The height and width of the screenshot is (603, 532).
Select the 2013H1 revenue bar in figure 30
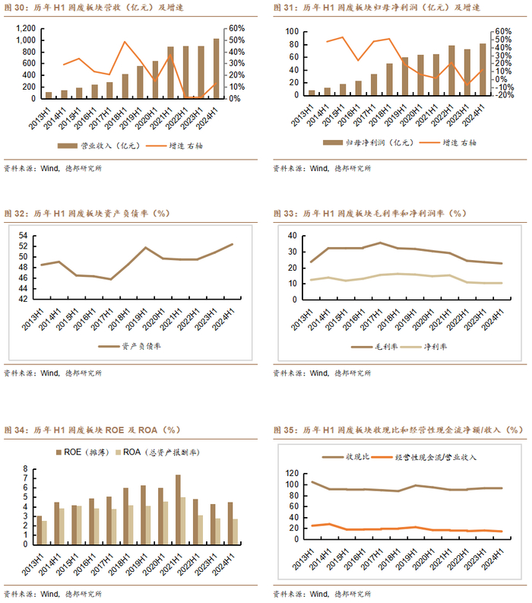pos(49,95)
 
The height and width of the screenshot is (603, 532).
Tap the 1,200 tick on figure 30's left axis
pos(27,28)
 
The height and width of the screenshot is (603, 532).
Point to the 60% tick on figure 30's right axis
pos(236,28)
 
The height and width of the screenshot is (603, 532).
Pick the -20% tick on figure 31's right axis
pos(504,95)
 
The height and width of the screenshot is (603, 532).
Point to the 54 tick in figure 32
pos(22,236)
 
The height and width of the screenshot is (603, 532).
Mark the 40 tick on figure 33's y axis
pos(291,236)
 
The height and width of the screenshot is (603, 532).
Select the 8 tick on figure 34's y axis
pos(25,469)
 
